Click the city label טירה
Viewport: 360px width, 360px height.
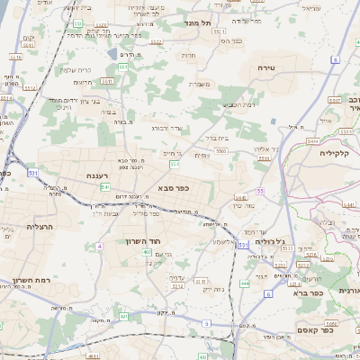pyautogui.click(x=265, y=68)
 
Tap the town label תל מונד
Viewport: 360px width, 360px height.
pyautogui.click(x=196, y=22)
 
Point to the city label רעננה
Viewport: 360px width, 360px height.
pyautogui.click(x=98, y=175)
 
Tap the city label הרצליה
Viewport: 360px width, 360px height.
pyautogui.click(x=40, y=227)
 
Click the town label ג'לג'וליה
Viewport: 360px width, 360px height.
pyautogui.click(x=269, y=241)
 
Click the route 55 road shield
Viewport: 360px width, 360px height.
pyautogui.click(x=259, y=192)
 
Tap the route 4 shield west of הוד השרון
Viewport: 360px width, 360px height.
pyautogui.click(x=99, y=245)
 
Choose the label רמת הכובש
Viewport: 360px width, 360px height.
pyautogui.click(x=237, y=106)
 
